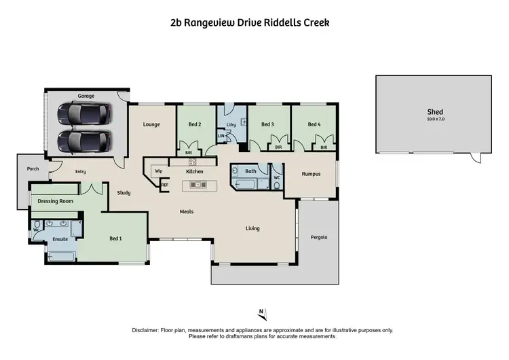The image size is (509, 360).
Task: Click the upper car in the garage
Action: (84, 114)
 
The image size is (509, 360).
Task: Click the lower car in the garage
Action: (84, 142)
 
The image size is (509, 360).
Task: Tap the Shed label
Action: (434, 112)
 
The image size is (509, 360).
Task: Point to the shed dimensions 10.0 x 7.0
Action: (434, 119)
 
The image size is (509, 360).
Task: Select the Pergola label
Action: (319, 238)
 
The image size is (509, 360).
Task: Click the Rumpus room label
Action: (311, 175)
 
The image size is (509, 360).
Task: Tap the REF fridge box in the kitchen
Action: (164, 184)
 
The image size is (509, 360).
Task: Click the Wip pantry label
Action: (159, 171)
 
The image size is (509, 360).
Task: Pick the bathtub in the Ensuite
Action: (62, 257)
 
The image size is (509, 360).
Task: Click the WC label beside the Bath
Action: (276, 178)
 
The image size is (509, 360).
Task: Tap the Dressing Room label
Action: (55, 201)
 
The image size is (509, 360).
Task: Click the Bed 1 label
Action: (116, 239)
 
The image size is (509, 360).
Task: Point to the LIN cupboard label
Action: (221, 137)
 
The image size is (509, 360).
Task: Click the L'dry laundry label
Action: (231, 124)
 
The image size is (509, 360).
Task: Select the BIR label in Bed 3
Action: (278, 147)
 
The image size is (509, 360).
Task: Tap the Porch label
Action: (32, 168)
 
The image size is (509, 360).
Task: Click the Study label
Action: (124, 193)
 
